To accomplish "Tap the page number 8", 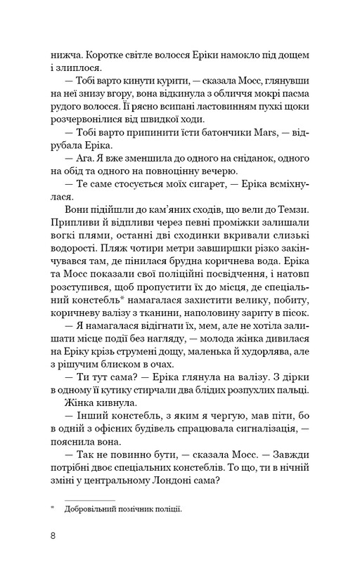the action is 53,536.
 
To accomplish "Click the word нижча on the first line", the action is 65,51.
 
